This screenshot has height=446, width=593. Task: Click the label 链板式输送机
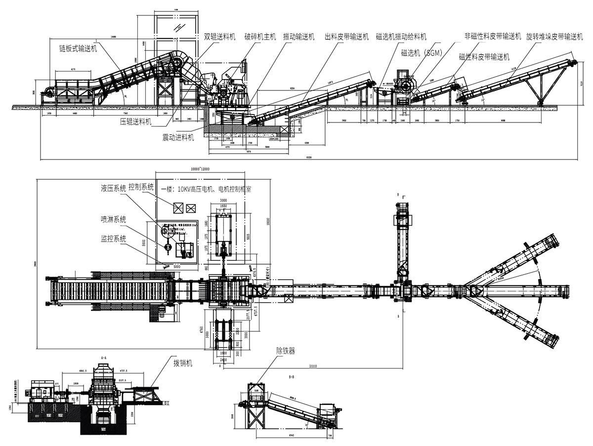point(78,48)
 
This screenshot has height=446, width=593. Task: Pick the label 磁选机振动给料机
point(401,37)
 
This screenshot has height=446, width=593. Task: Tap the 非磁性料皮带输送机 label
point(493,36)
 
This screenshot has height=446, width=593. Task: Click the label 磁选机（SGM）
point(421,53)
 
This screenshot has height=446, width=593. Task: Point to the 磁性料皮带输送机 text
point(484,57)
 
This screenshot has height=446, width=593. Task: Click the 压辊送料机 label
point(136,121)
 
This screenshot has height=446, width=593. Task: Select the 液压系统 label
point(113,188)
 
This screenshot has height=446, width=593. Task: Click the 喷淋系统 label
point(113,220)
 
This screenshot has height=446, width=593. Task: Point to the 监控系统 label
point(113,238)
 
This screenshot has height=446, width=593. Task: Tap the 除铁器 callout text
point(286,351)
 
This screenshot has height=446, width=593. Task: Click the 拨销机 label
point(182,364)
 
